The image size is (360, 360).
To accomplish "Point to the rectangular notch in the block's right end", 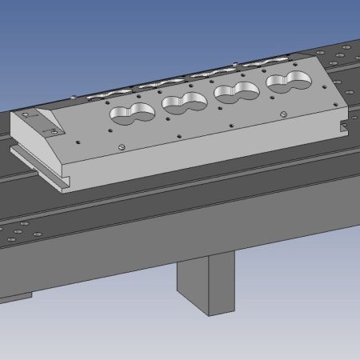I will (345, 126).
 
